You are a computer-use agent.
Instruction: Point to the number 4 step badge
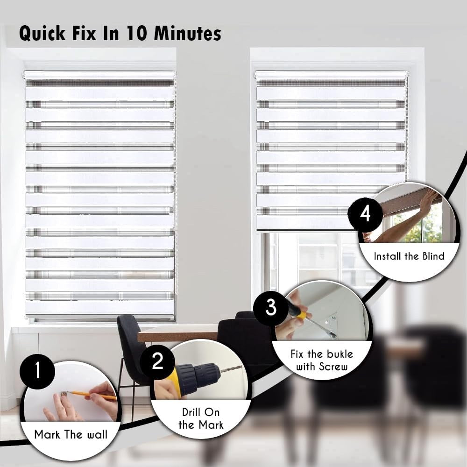pos(365,214)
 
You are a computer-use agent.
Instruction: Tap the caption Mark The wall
pos(71,435)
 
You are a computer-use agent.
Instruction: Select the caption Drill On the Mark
pos(201,418)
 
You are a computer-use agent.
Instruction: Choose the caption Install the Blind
pos(409,256)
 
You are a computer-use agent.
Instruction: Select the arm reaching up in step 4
pos(406,219)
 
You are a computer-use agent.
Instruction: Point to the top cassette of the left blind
pos(99,75)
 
